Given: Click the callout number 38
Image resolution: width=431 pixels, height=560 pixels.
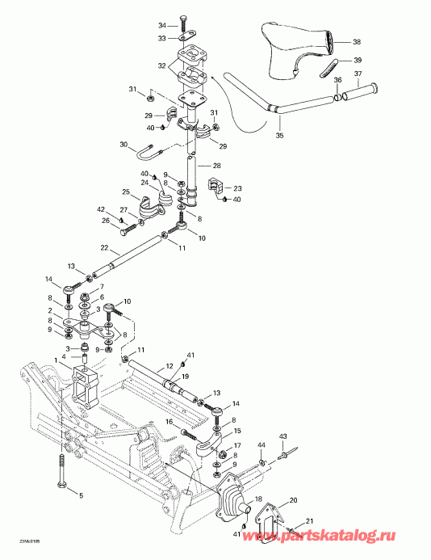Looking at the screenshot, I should tap(357, 42).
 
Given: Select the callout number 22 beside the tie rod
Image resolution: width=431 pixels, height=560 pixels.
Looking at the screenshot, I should tap(104, 247).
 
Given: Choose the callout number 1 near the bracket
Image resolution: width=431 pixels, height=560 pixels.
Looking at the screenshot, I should tap(56, 359).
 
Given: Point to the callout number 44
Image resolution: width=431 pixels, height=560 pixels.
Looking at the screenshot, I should tap(262, 446).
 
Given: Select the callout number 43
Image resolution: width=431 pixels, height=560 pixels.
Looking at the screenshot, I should tap(283, 437).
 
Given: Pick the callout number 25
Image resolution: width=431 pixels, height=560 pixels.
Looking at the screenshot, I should tap(125, 192).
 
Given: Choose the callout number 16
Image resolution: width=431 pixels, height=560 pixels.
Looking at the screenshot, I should tap(169, 422).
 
